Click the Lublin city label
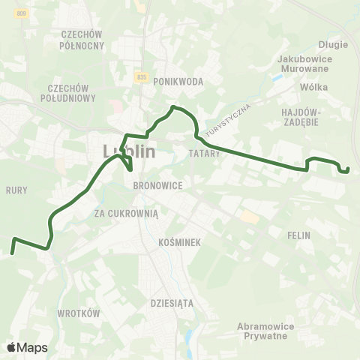(129, 151)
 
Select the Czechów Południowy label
(76, 92)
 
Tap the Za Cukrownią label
(127, 213)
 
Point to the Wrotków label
(79, 313)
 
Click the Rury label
(16, 190)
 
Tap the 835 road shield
(142, 76)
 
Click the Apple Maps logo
(27, 347)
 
